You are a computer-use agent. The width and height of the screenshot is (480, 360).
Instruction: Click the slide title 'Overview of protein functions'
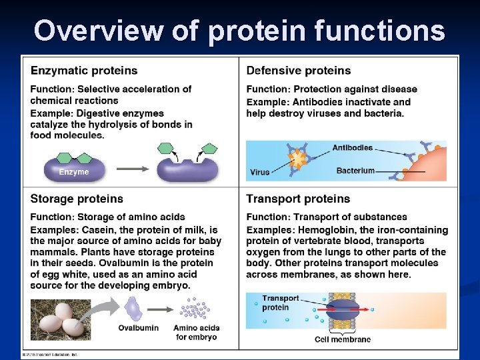(x=239, y=31)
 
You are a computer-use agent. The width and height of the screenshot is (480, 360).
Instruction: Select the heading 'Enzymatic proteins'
(x=84, y=71)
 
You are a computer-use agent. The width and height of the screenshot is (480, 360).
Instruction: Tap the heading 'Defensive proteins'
(x=298, y=71)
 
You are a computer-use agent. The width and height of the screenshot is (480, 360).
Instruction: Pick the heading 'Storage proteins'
(x=77, y=199)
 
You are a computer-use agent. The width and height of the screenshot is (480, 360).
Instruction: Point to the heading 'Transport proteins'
(x=298, y=199)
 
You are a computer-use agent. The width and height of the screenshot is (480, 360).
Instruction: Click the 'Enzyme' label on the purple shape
(x=73, y=172)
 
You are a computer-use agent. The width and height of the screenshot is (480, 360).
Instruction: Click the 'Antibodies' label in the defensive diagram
(x=352, y=147)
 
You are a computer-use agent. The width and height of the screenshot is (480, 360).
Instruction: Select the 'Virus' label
(x=259, y=172)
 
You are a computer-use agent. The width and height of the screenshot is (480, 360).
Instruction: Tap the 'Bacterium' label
(x=355, y=171)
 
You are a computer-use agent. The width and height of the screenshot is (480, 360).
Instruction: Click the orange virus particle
(x=297, y=160)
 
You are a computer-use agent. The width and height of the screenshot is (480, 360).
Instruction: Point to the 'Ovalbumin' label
(x=138, y=328)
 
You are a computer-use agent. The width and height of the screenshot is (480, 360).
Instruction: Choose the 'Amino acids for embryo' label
(x=196, y=332)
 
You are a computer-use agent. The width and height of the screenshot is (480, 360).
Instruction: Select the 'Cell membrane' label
(x=343, y=339)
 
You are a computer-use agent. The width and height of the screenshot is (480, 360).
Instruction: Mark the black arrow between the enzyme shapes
(x=133, y=169)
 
